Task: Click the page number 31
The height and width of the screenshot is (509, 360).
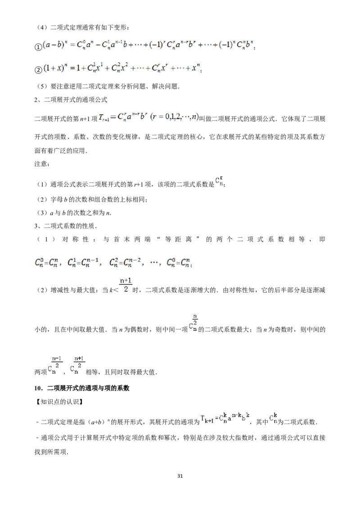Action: pos(180,476)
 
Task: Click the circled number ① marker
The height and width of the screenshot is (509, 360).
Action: pos(38,47)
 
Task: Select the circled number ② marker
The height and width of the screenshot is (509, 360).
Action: pos(38,70)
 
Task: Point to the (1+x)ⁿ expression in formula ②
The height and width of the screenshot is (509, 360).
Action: pos(55,68)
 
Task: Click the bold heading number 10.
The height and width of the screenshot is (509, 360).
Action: pos(38,388)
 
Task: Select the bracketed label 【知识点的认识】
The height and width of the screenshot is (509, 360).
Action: pos(59,402)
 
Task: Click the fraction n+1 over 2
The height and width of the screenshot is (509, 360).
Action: pos(126,285)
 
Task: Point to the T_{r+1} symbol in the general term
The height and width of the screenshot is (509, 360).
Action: pos(103,118)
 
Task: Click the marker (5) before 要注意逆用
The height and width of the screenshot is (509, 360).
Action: pos(42,86)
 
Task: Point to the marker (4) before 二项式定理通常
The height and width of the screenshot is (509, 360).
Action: pos(42,27)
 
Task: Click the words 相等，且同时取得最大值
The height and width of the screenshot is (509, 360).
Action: pos(121,372)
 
